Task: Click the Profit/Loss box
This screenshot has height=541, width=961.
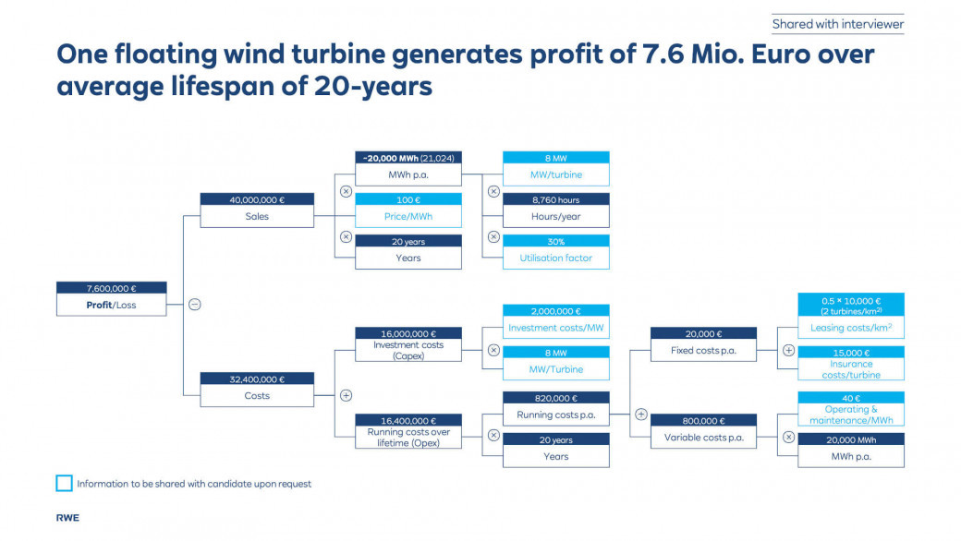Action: pos(112,298)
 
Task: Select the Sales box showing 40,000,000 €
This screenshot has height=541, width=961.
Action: pos(257,210)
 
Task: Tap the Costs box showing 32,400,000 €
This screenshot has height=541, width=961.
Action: pos(257,390)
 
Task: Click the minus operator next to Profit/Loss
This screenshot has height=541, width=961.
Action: pos(194,304)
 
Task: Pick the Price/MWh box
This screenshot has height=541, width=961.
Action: pos(408,210)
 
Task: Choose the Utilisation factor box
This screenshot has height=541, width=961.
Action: pos(556,252)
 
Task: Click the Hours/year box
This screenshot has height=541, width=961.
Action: pos(556,210)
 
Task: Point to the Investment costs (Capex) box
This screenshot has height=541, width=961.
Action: pos(408,344)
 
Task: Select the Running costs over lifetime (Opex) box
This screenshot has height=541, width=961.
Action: pos(408,431)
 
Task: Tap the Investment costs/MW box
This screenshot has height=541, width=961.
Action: pos(556,321)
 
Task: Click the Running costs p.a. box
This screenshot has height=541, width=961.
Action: pos(556,409)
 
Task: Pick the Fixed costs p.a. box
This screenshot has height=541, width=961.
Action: pos(703,344)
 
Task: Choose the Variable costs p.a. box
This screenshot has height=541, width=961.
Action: pos(703,431)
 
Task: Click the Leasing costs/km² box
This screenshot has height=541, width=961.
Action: pos(851,316)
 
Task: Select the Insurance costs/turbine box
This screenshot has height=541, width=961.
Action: pos(851,364)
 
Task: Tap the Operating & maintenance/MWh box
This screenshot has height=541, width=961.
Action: pos(851,409)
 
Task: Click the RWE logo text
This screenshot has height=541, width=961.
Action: pos(67,518)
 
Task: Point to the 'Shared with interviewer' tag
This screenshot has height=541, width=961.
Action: pos(838,24)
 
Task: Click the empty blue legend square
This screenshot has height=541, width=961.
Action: pos(64,484)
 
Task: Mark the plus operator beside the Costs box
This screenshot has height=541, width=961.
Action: pos(346,395)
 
